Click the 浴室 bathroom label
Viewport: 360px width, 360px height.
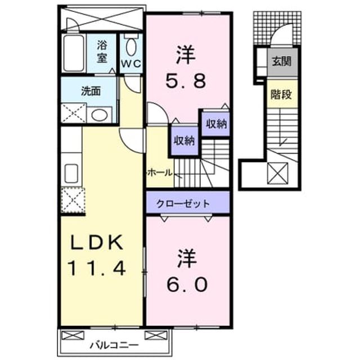coord(102,51)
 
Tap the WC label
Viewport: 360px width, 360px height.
coord(131,64)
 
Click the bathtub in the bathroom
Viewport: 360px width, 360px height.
coord(74,53)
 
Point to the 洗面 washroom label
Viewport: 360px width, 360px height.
coord(91,91)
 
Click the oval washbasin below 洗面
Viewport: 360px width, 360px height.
coord(100,115)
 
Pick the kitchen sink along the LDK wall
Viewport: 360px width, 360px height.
coord(71,173)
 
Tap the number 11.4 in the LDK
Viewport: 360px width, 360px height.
coord(97,269)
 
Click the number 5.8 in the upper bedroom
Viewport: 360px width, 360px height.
coord(185,81)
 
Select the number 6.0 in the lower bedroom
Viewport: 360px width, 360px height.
coord(187,284)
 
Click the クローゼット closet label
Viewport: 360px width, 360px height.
coord(183,204)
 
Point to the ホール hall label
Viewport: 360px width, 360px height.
coord(160,173)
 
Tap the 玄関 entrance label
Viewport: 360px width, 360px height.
coord(281,61)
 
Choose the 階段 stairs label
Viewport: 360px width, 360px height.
coord(281,94)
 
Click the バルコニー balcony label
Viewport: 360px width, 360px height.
coord(114,345)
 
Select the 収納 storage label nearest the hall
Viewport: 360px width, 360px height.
coord(184,140)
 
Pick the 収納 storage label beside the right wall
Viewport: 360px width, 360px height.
coord(216,124)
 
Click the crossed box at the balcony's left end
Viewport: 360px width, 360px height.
coord(71,335)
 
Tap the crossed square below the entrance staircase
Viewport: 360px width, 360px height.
coord(277,173)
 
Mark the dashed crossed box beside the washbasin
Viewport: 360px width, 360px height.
coord(73,113)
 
